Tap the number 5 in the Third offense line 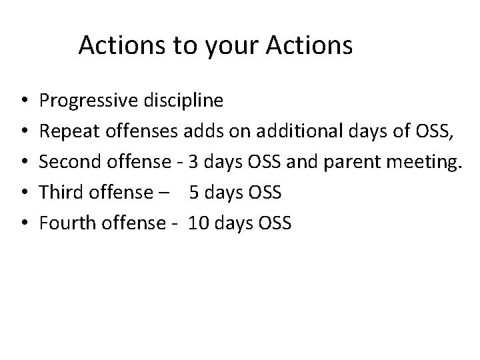(194, 193)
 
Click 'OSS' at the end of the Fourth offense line (273, 223)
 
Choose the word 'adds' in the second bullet (197, 131)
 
